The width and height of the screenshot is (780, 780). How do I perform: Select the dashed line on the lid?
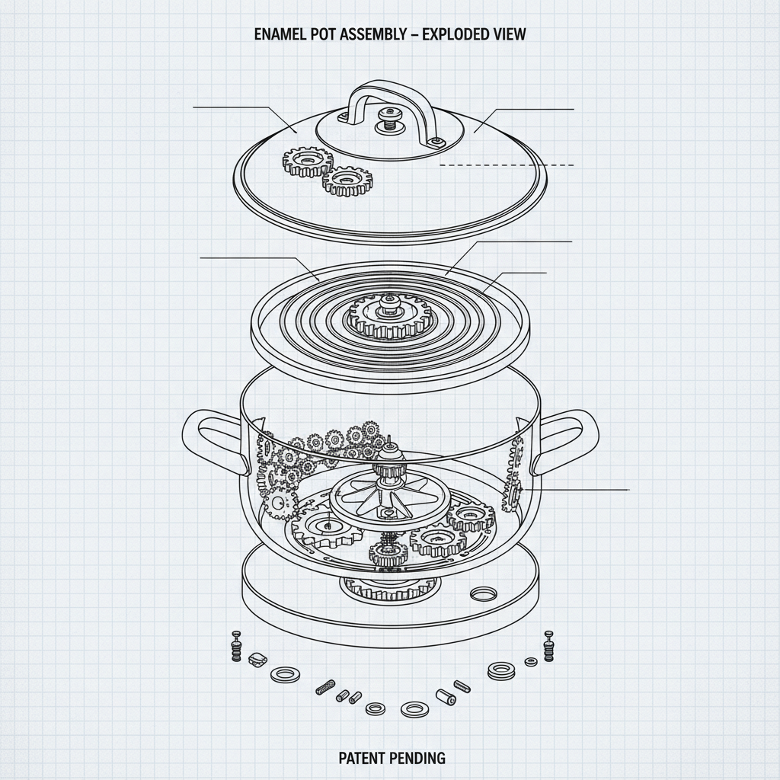507,165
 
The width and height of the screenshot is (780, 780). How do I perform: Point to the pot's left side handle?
212,439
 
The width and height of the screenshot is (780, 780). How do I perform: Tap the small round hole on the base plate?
483,593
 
